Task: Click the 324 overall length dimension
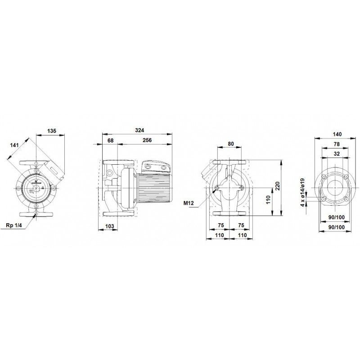point(139,130)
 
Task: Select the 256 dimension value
point(147,140)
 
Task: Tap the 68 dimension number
point(110,140)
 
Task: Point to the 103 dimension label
point(109,226)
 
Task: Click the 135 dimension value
point(52,131)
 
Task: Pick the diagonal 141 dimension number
point(14,145)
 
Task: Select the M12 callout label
point(189,203)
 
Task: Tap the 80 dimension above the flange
point(231,144)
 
